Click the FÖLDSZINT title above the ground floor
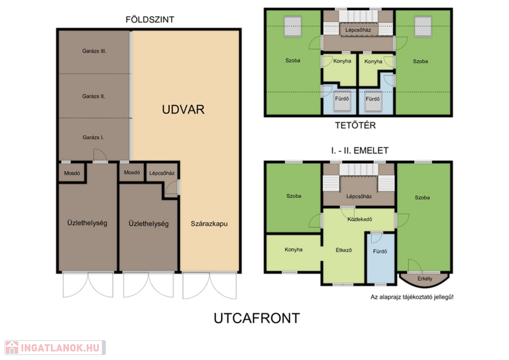coord(150,19)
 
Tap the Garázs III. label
coord(94,51)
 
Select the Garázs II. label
coord(93,96)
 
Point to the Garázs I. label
coord(93,137)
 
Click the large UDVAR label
coord(183,109)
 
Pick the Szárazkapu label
coord(209,224)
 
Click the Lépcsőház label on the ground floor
coord(162,173)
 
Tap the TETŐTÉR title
coord(355,125)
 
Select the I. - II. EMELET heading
coord(360,151)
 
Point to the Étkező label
coord(343,250)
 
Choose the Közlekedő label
coord(360,219)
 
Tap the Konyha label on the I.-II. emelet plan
coord(293,250)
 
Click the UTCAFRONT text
coord(256,318)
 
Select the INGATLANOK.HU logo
coord(55,348)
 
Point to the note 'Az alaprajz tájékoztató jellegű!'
coord(412,297)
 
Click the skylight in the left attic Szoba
coord(293,26)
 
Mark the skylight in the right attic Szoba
coord(424,26)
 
